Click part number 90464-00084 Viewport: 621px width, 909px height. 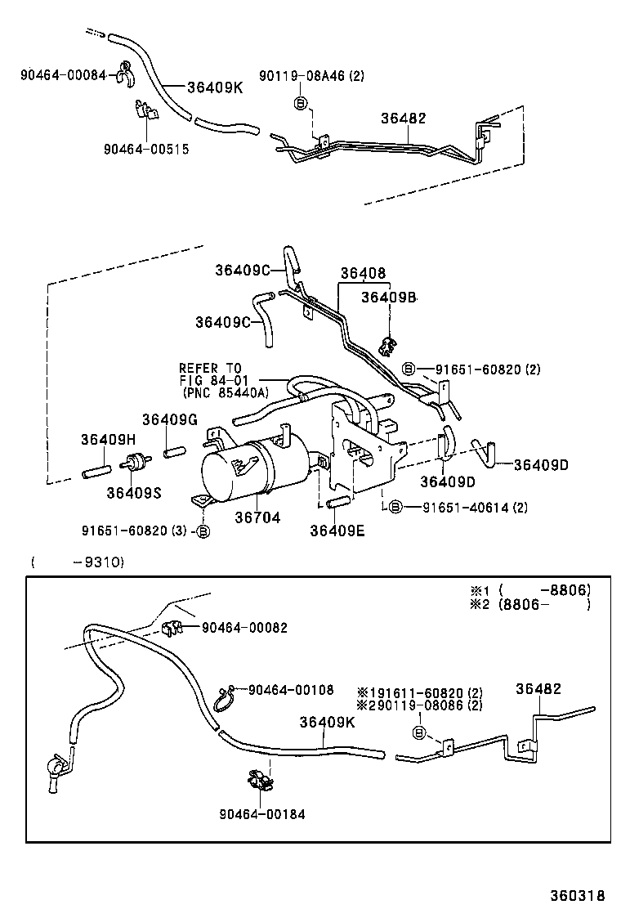(63, 75)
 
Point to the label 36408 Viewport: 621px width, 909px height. (363, 274)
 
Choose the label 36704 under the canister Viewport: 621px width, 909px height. (257, 517)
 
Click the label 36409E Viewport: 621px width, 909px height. (337, 530)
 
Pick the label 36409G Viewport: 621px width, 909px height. (169, 419)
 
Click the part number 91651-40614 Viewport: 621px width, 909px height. (465, 508)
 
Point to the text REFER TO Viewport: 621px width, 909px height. (211, 369)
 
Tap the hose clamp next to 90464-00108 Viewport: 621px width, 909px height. (222, 698)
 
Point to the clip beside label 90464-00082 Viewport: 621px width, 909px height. (172, 628)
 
